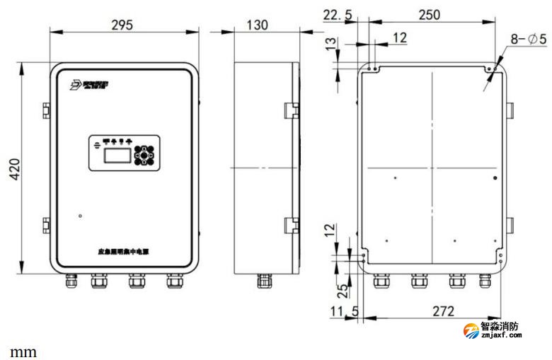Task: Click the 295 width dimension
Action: click(x=122, y=25)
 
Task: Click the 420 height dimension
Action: click(x=13, y=170)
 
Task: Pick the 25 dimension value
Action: click(x=342, y=289)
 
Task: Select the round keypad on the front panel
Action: click(x=146, y=155)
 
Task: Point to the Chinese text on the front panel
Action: click(x=125, y=251)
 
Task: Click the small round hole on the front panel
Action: click(x=81, y=215)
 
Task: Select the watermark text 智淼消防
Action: click(x=500, y=327)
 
